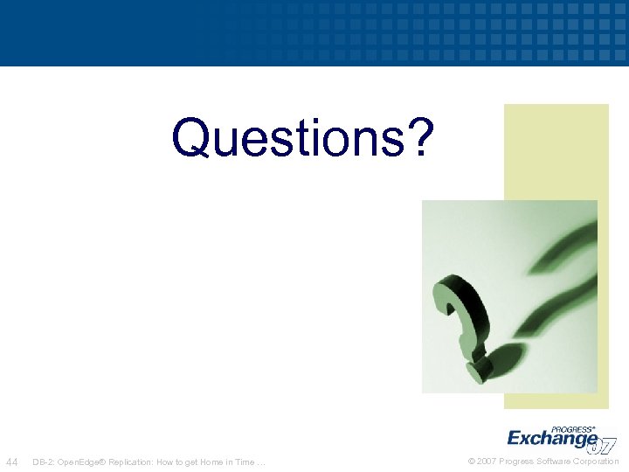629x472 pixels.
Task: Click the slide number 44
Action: (12, 462)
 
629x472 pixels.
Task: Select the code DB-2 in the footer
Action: (42, 462)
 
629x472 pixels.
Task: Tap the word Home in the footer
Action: (211, 462)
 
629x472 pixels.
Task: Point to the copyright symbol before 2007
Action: (472, 462)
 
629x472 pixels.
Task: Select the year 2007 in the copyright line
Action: (487, 462)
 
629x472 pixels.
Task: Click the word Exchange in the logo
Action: (552, 438)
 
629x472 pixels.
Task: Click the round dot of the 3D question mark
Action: (477, 371)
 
